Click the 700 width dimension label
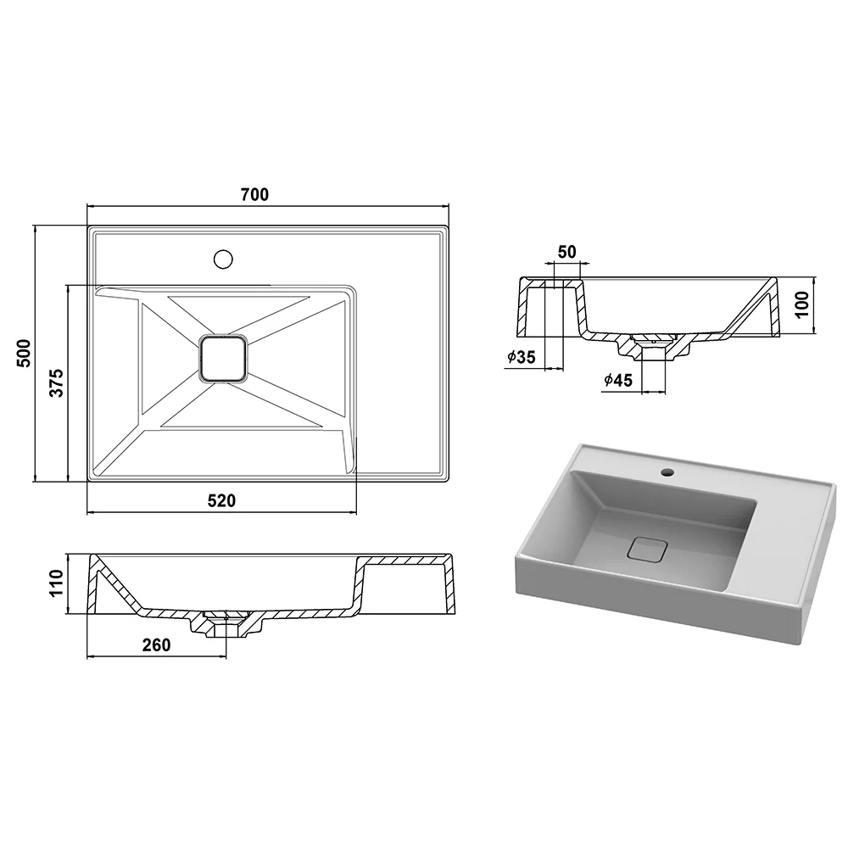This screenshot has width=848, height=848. pyautogui.click(x=254, y=194)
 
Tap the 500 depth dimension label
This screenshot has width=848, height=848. pyautogui.click(x=25, y=354)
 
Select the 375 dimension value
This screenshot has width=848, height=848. pyautogui.click(x=57, y=383)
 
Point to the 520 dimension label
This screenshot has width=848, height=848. pyautogui.click(x=221, y=501)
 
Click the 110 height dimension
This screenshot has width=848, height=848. pyautogui.click(x=57, y=583)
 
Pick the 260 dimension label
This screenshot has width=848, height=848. pyautogui.click(x=156, y=645)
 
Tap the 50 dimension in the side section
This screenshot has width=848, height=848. pyautogui.click(x=566, y=252)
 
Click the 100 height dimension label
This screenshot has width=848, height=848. pyautogui.click(x=802, y=304)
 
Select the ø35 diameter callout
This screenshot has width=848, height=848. pyautogui.click(x=522, y=357)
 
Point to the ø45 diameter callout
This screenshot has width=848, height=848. pyautogui.click(x=618, y=380)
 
